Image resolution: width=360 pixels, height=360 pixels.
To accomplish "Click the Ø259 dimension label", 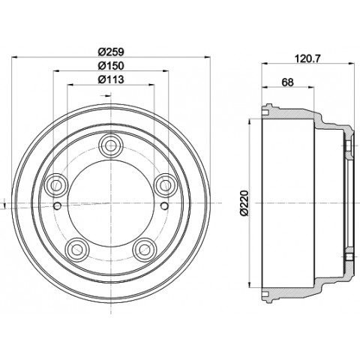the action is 111,52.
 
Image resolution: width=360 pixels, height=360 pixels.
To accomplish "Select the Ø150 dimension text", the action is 111,66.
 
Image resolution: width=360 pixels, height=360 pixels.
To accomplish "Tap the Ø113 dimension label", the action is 111,79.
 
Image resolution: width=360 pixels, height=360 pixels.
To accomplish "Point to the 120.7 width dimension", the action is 307,58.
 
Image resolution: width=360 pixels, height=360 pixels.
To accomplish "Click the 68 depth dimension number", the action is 287,82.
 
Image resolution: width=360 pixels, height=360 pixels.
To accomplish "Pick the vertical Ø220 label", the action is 244,202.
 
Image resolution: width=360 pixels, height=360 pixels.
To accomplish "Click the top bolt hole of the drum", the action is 111,145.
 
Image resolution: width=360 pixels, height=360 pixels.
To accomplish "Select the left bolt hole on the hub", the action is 58,185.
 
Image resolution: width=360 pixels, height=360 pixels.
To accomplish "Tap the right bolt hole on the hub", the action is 163,185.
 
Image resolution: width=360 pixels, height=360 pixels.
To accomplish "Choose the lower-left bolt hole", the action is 78,249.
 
